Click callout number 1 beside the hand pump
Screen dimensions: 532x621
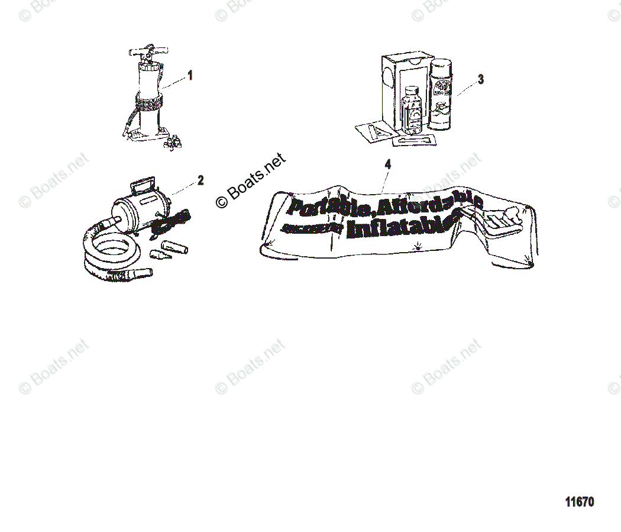pos(190,75)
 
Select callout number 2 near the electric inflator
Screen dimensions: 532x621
pos(200,180)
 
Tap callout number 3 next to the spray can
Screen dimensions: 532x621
pos(480,79)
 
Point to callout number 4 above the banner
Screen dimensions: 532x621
pos(387,165)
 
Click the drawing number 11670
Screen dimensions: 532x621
pos(579,502)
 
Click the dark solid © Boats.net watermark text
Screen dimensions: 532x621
pos(251,180)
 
